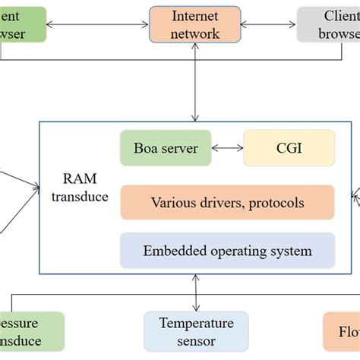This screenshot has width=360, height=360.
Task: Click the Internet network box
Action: tap(195, 24)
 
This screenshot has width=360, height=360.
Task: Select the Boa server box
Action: tap(159, 148)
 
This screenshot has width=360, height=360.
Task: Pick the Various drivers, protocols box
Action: tap(227, 203)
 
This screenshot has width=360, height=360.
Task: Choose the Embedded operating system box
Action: tap(227, 251)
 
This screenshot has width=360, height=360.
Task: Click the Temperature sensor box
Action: tap(196, 332)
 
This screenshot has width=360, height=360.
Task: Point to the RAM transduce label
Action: tap(86, 189)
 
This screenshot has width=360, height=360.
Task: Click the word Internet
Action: tap(195, 16)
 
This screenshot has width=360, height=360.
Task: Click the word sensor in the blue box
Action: tap(196, 341)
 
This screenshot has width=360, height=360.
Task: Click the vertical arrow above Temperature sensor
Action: tap(196, 292)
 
